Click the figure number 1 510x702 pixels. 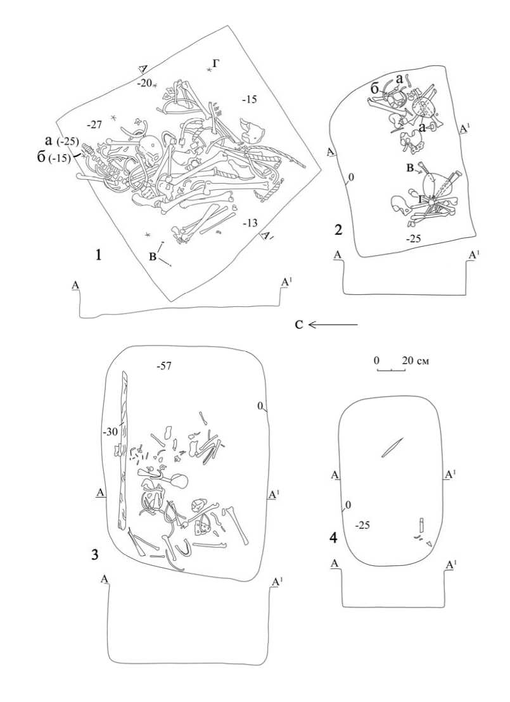pos(98,254)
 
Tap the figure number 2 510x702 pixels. pos(339,230)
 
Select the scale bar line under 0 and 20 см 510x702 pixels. pos(391,369)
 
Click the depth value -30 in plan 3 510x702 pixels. pos(110,432)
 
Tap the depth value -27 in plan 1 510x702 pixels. pos(94,125)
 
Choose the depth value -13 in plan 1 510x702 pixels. pos(250,223)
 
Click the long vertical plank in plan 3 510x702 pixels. pos(123,449)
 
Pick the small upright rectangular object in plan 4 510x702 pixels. pos(421,525)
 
